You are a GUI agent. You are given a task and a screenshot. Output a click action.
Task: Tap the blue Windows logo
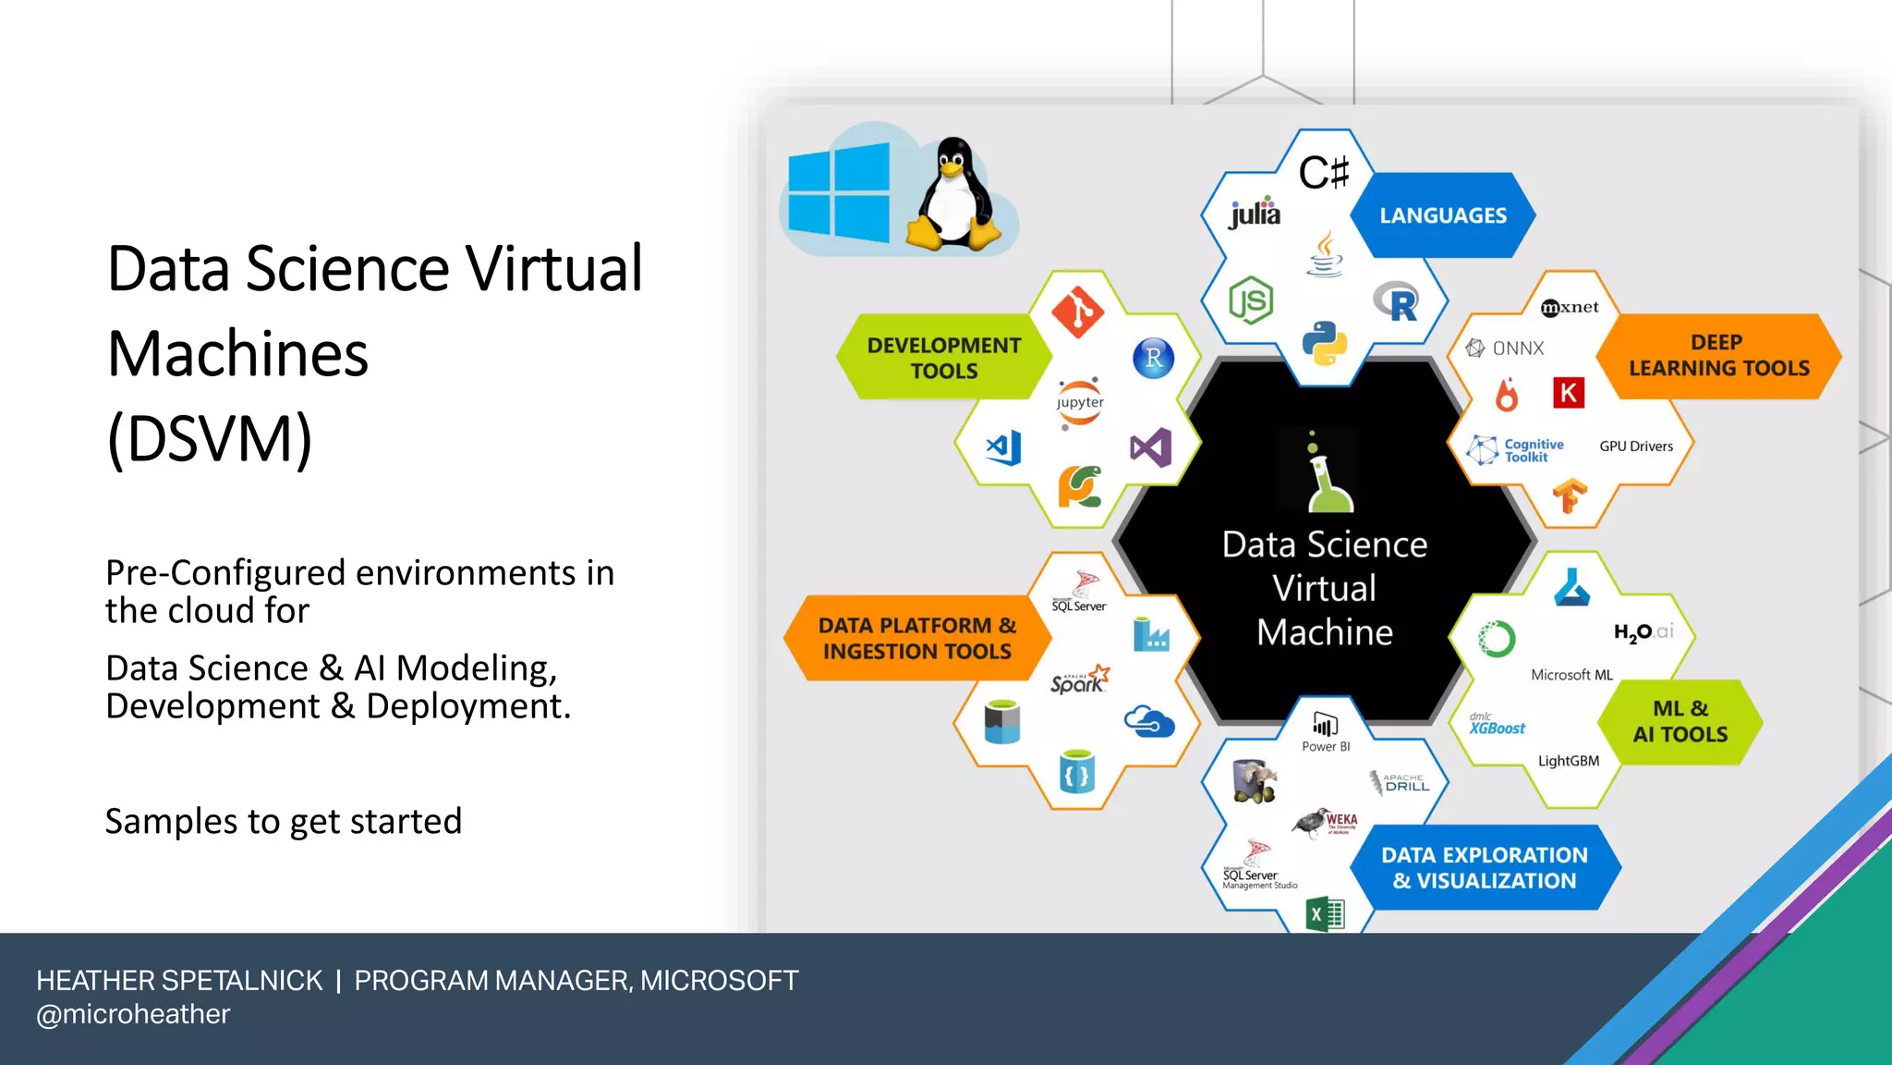pyautogui.click(x=839, y=193)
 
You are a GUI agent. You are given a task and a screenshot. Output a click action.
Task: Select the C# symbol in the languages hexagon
pyautogui.click(x=1324, y=172)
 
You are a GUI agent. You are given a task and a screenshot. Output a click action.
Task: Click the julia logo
pyautogui.click(x=1255, y=214)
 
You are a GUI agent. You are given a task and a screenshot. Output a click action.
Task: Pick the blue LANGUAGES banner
pyautogui.click(x=1442, y=215)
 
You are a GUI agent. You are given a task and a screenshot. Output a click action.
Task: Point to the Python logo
pyautogui.click(x=1324, y=343)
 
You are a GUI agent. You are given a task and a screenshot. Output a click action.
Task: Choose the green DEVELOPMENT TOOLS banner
pyautogui.click(x=943, y=358)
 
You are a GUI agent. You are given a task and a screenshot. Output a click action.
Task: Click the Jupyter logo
pyautogui.click(x=1080, y=403)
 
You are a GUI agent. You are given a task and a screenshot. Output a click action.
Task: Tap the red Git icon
pyautogui.click(x=1077, y=312)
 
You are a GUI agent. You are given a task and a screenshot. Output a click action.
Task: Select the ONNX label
pyautogui.click(x=1507, y=349)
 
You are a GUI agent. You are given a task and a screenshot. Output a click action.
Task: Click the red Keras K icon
pyautogui.click(x=1568, y=393)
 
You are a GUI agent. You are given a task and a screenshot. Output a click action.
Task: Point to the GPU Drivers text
pyautogui.click(x=1636, y=447)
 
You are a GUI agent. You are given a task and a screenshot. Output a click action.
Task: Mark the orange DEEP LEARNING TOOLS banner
pyautogui.click(x=1718, y=356)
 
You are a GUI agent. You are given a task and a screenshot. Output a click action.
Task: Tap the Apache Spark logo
pyautogui.click(x=1079, y=680)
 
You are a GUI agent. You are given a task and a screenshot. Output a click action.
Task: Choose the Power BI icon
pyautogui.click(x=1325, y=726)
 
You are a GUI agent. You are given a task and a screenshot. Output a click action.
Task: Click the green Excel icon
pyautogui.click(x=1325, y=914)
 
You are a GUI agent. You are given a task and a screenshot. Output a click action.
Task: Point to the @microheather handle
pyautogui.click(x=133, y=1014)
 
